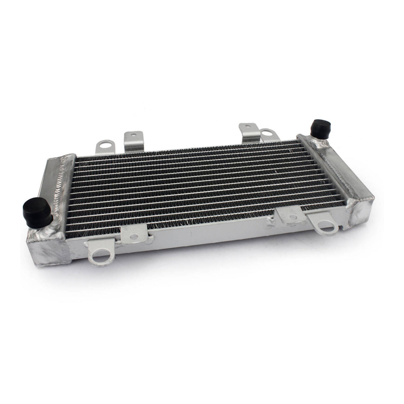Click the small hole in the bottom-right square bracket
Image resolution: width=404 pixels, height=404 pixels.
tap(292, 217)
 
